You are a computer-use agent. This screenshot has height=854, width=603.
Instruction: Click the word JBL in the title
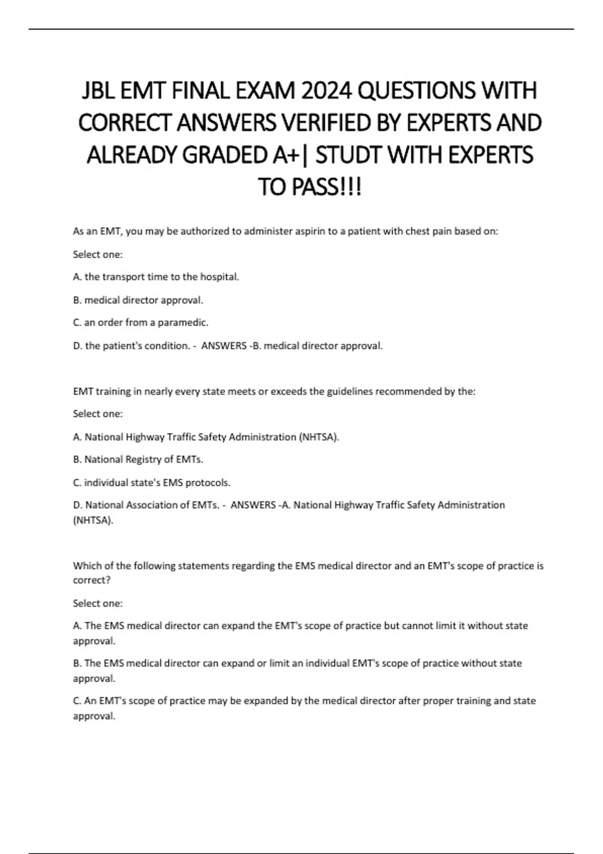click(x=98, y=91)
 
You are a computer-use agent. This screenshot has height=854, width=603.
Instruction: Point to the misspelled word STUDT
click(x=349, y=155)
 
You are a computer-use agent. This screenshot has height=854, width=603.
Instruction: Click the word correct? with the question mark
click(x=91, y=580)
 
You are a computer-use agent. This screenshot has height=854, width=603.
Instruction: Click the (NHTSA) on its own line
click(x=93, y=520)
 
